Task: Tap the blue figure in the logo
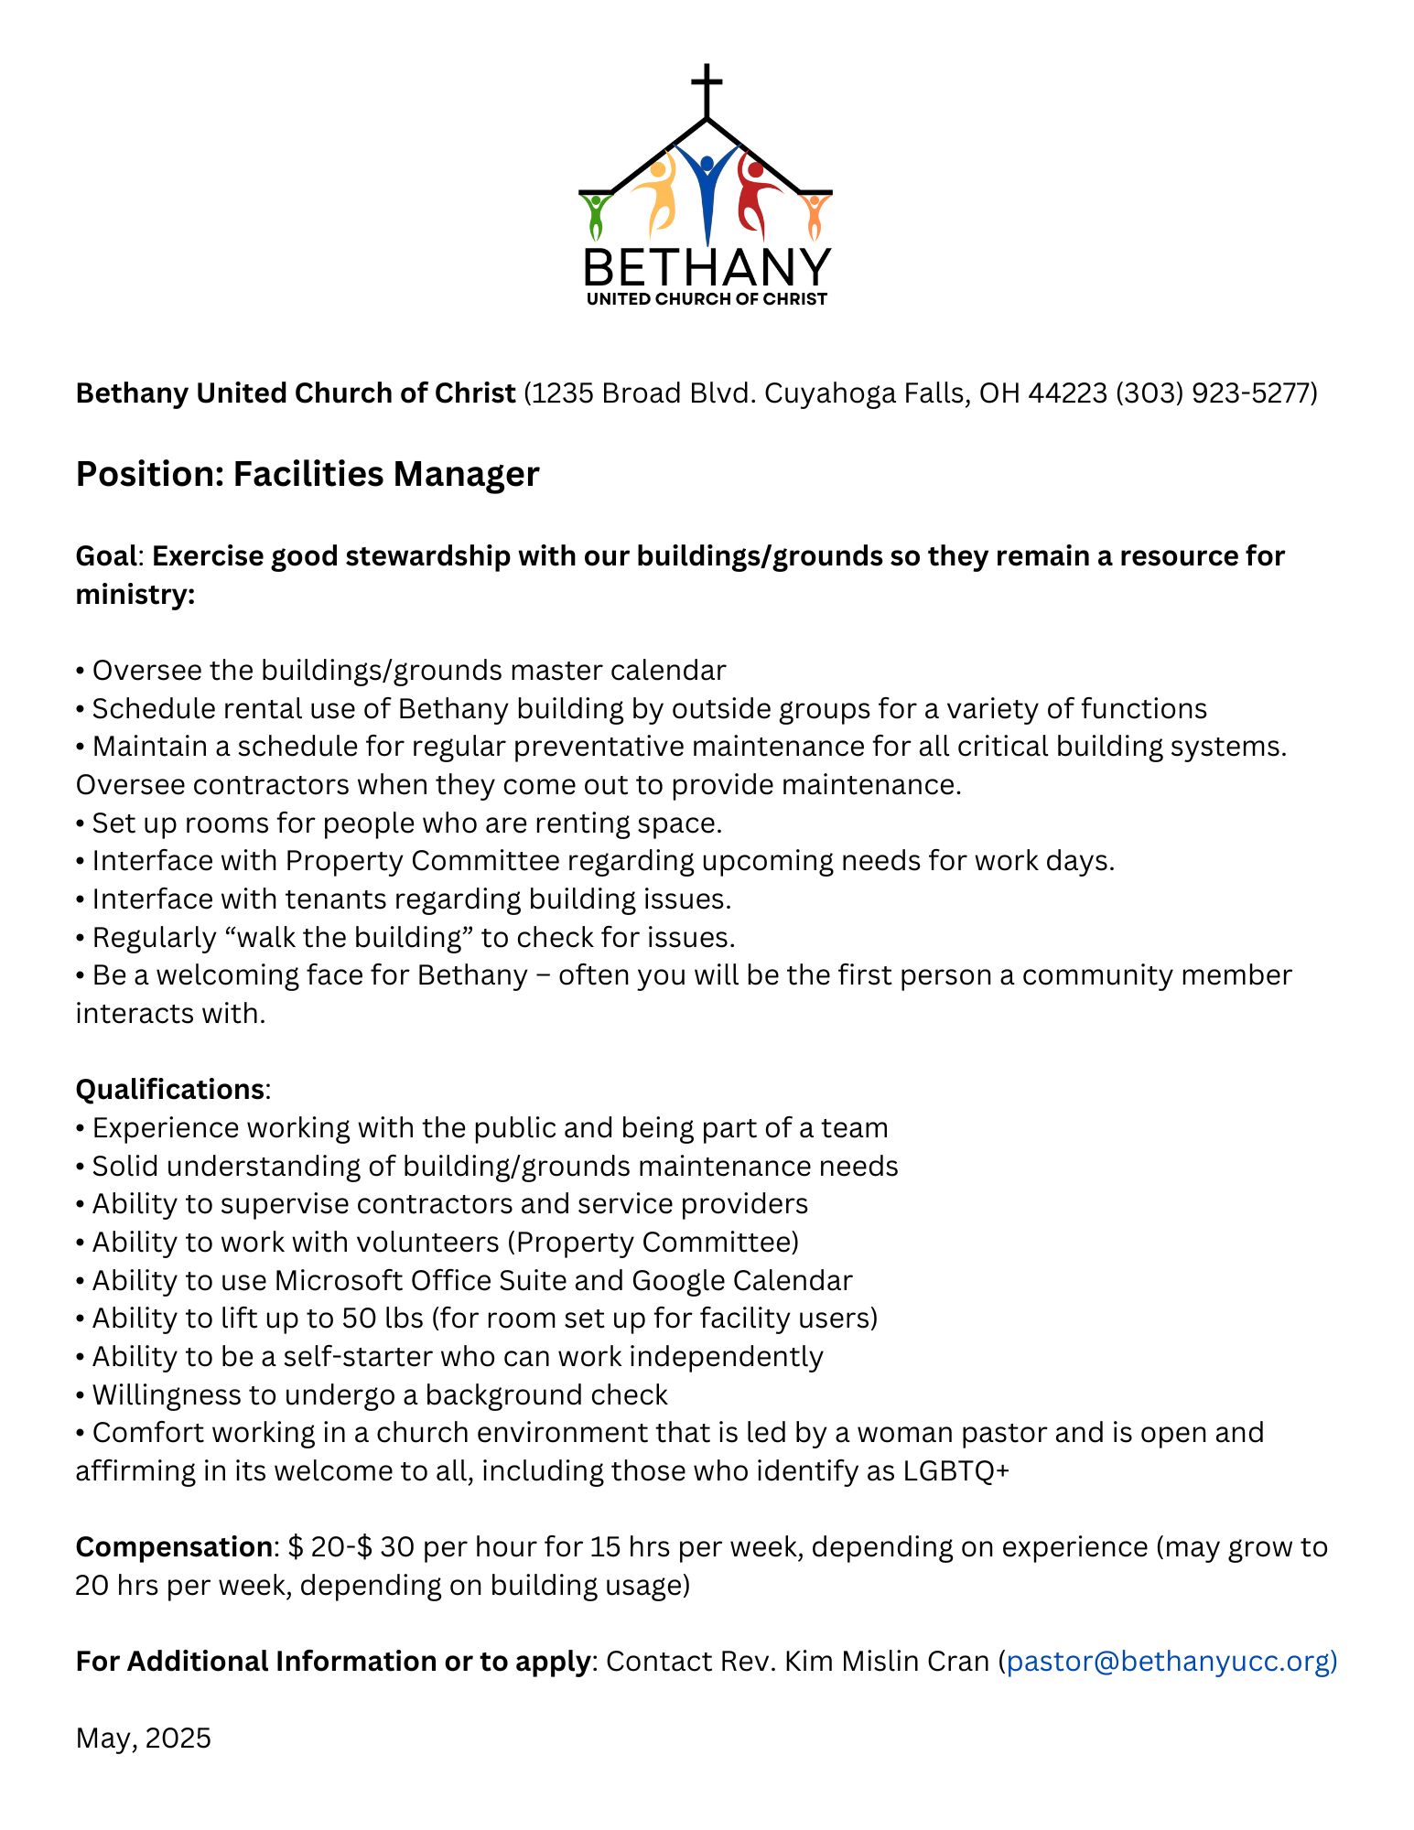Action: tap(707, 188)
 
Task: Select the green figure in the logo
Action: tap(596, 216)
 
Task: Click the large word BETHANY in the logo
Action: tap(707, 267)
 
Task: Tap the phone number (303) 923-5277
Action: tap(1215, 393)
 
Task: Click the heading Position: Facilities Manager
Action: tap(308, 474)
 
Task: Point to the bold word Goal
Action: tap(106, 556)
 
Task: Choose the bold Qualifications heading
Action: tap(170, 1090)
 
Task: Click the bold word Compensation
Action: tap(174, 1547)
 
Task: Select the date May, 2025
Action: tap(144, 1738)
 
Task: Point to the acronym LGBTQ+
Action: tap(956, 1471)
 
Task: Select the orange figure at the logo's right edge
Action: tap(814, 216)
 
